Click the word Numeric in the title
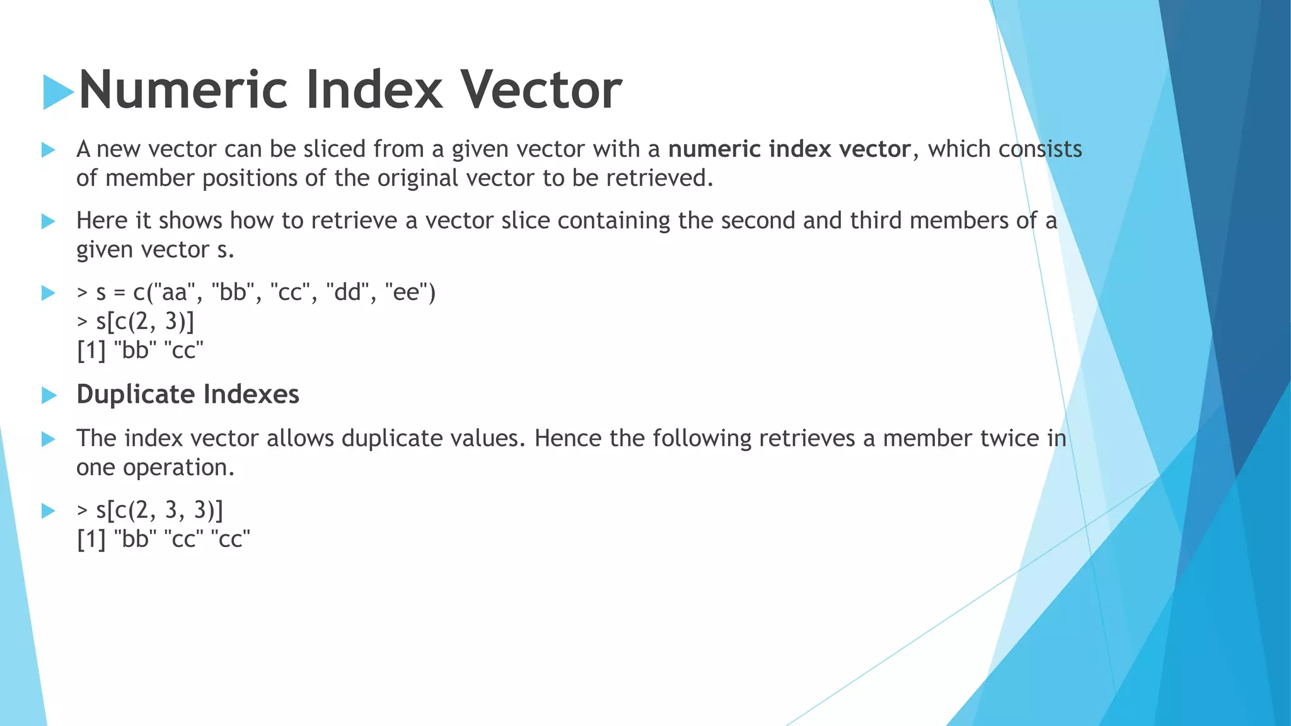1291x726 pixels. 183,89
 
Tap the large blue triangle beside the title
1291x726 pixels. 57,92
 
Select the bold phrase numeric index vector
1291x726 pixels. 789,149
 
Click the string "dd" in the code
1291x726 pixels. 347,292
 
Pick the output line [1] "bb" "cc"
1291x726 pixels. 140,350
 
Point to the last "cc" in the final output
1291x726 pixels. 230,539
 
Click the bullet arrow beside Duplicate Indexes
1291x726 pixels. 49,395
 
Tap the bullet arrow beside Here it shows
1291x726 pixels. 49,221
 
